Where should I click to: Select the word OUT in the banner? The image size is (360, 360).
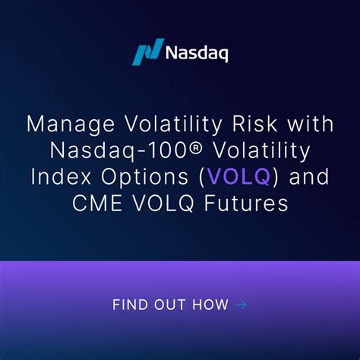(x=171, y=305)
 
